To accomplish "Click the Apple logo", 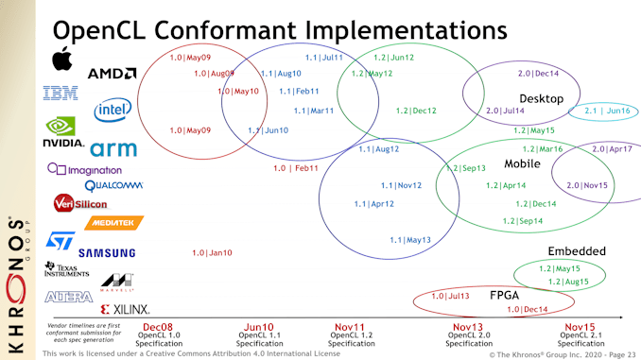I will pyautogui.click(x=61, y=59).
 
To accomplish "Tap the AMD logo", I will pyautogui.click(x=113, y=73).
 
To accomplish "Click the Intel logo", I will pyautogui.click(x=113, y=110).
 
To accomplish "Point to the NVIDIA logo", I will pyautogui.click(x=62, y=131).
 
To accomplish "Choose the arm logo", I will pyautogui.click(x=113, y=148).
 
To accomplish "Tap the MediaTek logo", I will pyautogui.click(x=113, y=223).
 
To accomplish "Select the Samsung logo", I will pyautogui.click(x=107, y=253).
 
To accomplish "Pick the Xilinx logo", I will pyautogui.click(x=126, y=309).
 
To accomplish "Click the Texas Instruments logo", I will pyautogui.click(x=67, y=269).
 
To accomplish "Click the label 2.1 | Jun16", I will pyautogui.click(x=607, y=111).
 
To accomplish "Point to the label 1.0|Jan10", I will pyautogui.click(x=212, y=252).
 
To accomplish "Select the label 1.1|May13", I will pyautogui.click(x=410, y=240).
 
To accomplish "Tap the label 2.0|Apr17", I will pyautogui.click(x=612, y=149).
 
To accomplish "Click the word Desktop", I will pyautogui.click(x=541, y=99).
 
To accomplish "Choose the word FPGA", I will pyautogui.click(x=505, y=295).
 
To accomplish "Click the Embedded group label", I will pyautogui.click(x=577, y=251).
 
